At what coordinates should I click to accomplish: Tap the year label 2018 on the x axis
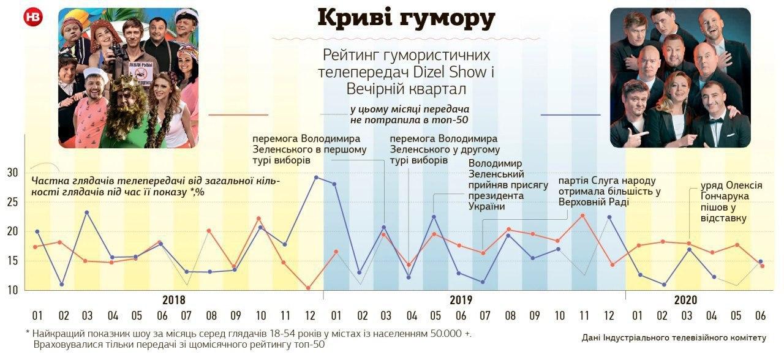(174, 301)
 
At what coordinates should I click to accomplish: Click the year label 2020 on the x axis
(685, 301)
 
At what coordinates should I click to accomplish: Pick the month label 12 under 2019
(608, 316)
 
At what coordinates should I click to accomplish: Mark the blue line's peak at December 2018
(316, 178)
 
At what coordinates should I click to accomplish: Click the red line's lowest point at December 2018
(308, 288)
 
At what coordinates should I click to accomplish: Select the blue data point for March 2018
(87, 212)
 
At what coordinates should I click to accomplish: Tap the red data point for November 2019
(582, 216)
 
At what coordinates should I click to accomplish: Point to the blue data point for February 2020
(663, 285)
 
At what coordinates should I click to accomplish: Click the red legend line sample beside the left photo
(238, 114)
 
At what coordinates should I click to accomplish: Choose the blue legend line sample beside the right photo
(570, 114)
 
